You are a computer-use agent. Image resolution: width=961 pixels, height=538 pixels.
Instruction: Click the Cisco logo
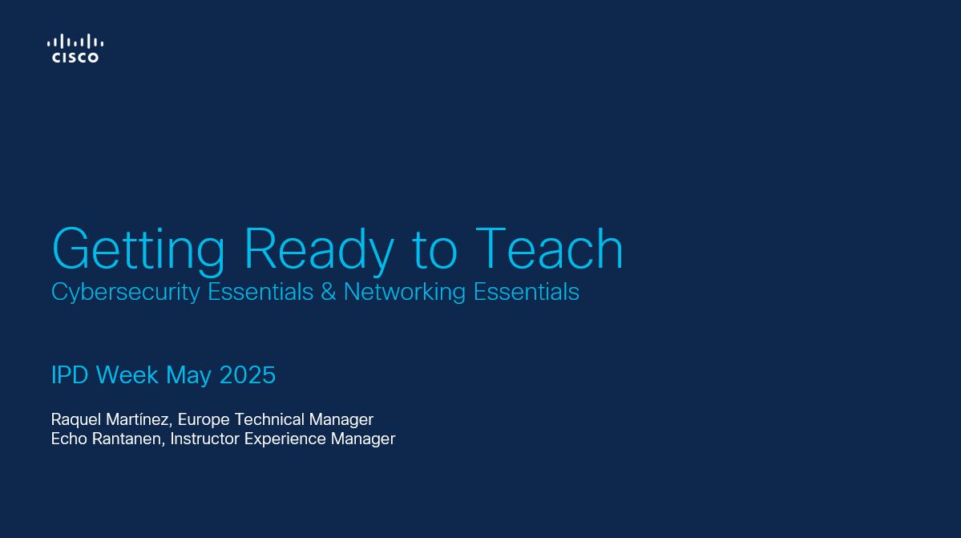[x=75, y=48]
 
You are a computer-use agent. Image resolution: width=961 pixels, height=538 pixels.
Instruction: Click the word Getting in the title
[x=139, y=250]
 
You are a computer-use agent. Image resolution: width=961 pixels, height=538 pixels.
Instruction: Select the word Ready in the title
[x=319, y=250]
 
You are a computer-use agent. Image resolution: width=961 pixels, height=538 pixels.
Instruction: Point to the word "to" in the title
[x=434, y=250]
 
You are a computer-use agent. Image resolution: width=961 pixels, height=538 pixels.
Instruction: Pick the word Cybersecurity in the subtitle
[x=126, y=293]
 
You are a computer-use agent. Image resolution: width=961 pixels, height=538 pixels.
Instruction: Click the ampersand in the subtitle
[x=329, y=292]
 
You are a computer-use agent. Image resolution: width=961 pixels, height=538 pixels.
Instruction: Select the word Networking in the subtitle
[x=405, y=293]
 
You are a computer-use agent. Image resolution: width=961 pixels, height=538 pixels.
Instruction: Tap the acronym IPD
[x=70, y=375]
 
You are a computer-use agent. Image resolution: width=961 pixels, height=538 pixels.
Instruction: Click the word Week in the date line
[x=127, y=375]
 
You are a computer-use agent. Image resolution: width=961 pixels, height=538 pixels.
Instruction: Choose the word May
[x=189, y=376]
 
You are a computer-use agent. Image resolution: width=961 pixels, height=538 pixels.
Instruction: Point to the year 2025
[x=248, y=375]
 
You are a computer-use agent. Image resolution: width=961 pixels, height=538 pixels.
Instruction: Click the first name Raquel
[x=76, y=420]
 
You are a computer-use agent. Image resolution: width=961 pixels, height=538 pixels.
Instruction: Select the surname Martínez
[x=139, y=420]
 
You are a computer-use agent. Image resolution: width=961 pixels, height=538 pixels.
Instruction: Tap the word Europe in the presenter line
[x=204, y=420]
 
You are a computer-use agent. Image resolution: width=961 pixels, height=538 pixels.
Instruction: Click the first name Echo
[x=69, y=439]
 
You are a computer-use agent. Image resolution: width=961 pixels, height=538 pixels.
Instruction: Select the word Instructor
[x=204, y=439]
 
